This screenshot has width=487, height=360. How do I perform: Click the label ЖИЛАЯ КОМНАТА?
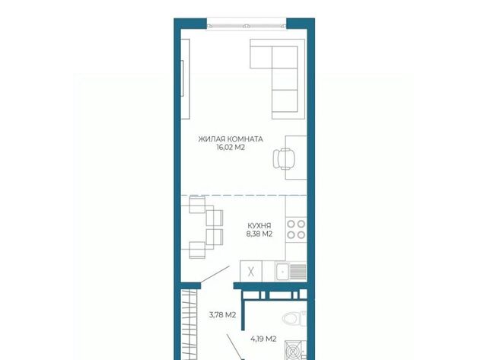point(231,139)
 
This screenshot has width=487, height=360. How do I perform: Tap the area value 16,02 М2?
point(231,148)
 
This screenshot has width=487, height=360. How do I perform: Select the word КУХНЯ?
point(259,225)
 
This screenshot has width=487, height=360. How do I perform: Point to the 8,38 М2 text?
point(259,234)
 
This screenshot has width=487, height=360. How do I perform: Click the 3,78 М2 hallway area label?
point(223,315)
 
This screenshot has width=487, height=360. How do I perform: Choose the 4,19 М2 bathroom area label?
point(263,339)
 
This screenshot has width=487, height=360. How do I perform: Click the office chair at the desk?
point(283,159)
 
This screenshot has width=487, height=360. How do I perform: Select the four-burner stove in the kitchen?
point(296,229)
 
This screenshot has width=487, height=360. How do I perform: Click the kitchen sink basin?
point(282,272)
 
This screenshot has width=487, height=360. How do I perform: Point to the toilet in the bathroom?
point(294,318)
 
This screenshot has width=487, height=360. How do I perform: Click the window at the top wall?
point(247,24)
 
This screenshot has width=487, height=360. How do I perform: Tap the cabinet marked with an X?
point(251,272)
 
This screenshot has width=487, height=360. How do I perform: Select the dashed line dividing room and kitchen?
point(243,195)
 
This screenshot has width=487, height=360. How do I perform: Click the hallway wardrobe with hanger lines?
point(189,324)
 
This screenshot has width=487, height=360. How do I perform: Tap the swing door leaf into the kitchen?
point(215,274)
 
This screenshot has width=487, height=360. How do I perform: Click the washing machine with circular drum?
point(295,351)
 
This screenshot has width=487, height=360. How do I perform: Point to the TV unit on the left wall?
point(186,79)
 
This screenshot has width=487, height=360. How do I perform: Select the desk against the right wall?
point(296,158)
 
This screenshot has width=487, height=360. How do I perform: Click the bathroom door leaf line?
point(234,346)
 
